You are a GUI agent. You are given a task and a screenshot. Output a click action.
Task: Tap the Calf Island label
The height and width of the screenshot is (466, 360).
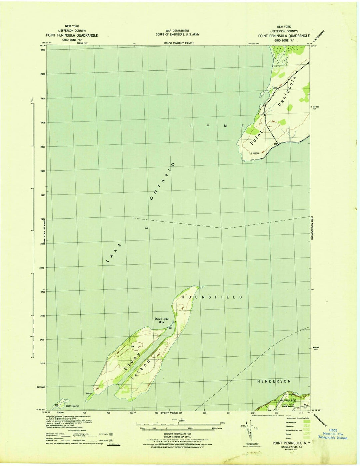pyautogui.click(x=72, y=406)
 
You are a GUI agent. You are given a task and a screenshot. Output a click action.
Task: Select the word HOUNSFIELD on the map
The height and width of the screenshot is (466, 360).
pyautogui.click(x=212, y=297)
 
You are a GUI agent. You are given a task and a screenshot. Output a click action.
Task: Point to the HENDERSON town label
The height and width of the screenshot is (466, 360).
pyautogui.click(x=274, y=381)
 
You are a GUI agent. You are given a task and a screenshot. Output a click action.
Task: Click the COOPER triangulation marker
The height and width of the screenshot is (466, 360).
pyautogui.click(x=255, y=153)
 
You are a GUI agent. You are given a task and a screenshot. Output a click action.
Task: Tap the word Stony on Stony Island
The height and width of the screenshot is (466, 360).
pyautogui.click(x=130, y=364)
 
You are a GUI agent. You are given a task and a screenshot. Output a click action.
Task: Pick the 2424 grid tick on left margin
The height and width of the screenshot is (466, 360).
pyautogui.click(x=42, y=219)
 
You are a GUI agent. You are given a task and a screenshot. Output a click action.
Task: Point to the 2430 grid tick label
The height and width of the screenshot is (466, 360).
pyautogui.click(x=42, y=74)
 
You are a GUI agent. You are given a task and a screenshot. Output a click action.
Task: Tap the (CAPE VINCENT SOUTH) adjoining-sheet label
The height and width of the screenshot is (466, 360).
pyautogui.click(x=179, y=43)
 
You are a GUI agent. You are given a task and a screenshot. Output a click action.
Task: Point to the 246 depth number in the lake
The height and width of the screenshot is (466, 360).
pyautogui.click(x=146, y=228)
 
